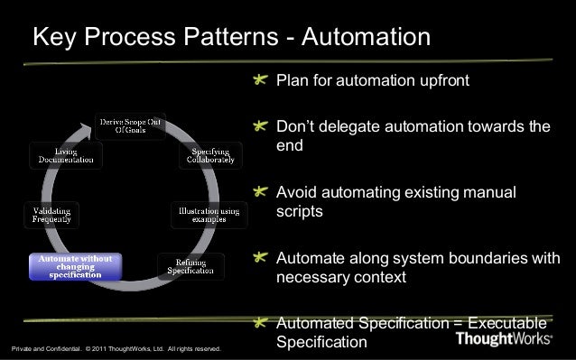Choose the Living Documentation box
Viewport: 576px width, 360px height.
point(65,154)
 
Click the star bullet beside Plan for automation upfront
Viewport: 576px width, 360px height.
point(261,82)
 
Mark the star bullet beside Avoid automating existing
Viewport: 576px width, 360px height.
point(261,192)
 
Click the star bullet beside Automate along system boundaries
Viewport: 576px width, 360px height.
point(261,259)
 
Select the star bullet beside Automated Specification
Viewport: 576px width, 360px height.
point(261,323)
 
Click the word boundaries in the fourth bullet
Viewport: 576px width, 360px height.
point(487,259)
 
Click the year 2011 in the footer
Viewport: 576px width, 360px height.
point(102,346)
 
